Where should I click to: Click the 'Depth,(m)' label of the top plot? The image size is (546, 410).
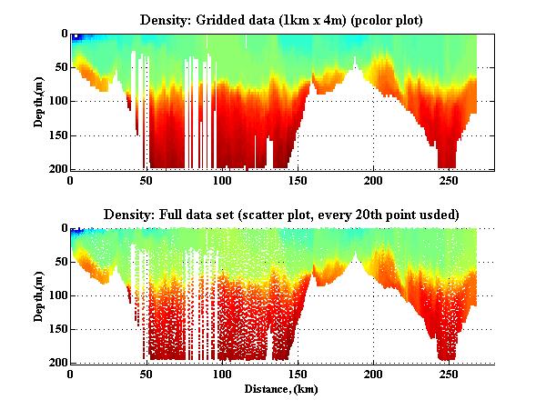click(40, 102)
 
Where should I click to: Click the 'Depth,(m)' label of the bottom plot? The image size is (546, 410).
click(40, 295)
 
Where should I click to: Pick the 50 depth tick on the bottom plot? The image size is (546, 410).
click(59, 262)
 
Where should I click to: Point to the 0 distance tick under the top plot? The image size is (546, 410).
click(71, 180)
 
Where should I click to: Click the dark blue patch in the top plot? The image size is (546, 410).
click(78, 37)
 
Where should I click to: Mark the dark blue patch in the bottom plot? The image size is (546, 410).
click(78, 232)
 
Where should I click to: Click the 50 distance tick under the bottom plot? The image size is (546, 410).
click(147, 374)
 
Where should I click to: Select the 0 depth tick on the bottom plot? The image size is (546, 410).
click(62, 228)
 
